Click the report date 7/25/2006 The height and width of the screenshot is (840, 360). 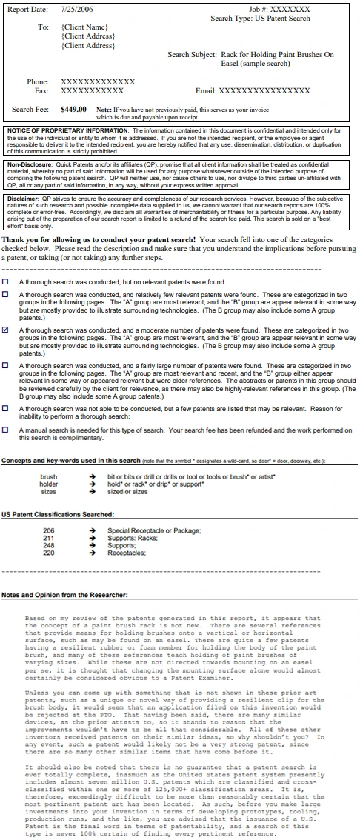(76, 9)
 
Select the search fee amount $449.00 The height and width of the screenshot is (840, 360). (75, 109)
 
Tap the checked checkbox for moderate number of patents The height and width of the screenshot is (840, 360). (7, 330)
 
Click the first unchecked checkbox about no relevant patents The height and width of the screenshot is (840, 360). (7, 282)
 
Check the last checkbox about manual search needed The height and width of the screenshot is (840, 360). (7, 430)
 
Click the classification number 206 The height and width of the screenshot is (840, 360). (49, 510)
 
